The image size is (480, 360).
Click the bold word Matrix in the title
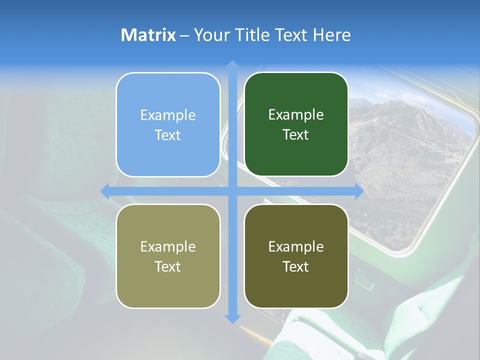point(148,35)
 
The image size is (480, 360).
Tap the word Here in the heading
point(331,35)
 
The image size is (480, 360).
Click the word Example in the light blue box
point(168,115)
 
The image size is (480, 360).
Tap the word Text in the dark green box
point(296,135)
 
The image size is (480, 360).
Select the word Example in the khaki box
point(168,247)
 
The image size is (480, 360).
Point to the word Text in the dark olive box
point(296,266)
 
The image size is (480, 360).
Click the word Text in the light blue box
point(168,135)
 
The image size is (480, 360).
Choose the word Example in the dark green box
point(296,115)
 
